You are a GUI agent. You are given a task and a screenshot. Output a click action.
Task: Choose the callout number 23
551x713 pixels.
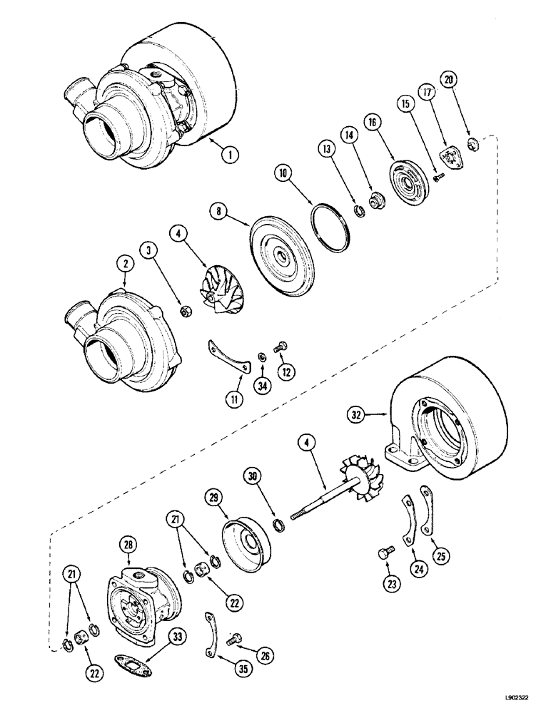[391, 583]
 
